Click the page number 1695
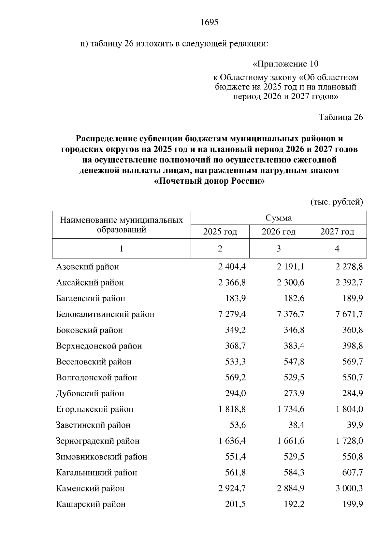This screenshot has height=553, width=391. [x=209, y=22]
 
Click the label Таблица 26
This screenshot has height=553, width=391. [x=340, y=117]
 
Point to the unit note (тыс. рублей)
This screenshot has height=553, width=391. [x=337, y=202]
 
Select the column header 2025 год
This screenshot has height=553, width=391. [x=220, y=232]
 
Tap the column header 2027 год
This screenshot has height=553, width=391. [x=337, y=232]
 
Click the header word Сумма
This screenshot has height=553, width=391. [x=278, y=218]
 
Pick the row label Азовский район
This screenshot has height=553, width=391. [x=88, y=267]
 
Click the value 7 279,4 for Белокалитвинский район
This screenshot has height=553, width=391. [x=232, y=314]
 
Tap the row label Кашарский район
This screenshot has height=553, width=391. [x=91, y=504]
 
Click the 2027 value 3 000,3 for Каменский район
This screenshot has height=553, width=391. [x=349, y=488]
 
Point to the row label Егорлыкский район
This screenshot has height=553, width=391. [x=95, y=409]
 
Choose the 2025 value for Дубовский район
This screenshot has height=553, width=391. [x=235, y=393]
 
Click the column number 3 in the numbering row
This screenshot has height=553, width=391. [x=278, y=249]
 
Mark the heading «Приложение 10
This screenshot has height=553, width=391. [x=286, y=64]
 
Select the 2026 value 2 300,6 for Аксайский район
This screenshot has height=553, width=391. [x=291, y=283]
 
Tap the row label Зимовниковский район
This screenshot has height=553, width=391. [x=102, y=457]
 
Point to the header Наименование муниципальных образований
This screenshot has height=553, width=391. [x=121, y=225]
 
